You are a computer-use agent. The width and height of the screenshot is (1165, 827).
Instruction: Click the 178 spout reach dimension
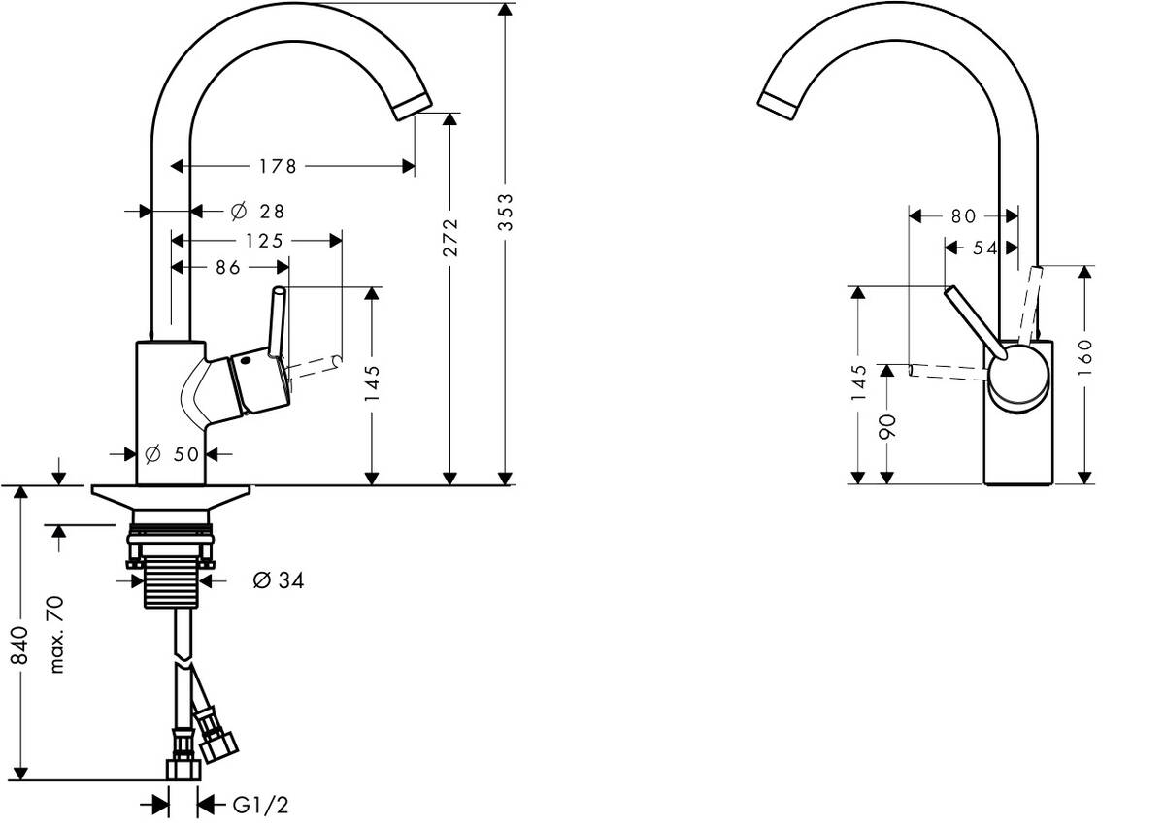point(278,167)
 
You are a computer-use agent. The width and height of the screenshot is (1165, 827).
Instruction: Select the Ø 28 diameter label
point(257,211)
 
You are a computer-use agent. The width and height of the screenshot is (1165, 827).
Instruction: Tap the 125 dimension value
point(258,240)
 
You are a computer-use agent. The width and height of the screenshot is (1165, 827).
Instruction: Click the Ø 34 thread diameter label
point(278,581)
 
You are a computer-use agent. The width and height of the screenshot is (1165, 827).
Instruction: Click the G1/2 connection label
point(260,805)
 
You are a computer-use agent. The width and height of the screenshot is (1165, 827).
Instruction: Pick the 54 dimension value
point(984,248)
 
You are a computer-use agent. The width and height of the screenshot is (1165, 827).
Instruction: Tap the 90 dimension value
point(886,425)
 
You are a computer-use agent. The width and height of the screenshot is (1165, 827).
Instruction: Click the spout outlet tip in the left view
point(413,106)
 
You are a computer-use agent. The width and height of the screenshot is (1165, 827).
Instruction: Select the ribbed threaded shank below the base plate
point(173,580)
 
